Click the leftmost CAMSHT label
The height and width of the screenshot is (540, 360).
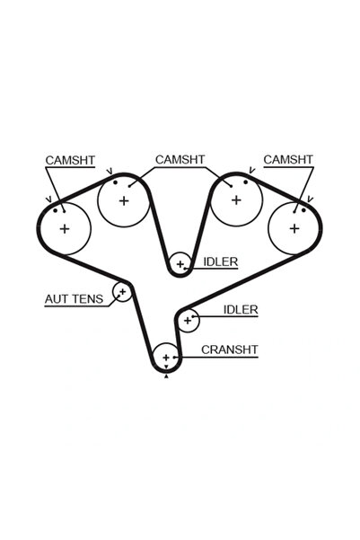tap(70, 161)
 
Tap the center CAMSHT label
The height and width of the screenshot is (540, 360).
tap(180, 160)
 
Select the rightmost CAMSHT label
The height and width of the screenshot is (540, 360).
tap(288, 160)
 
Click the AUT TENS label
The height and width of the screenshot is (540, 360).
tap(74, 299)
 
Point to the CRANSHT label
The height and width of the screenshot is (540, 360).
tap(230, 350)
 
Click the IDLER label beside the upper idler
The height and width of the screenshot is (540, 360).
tap(221, 262)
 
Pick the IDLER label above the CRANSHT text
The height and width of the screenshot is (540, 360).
tap(241, 310)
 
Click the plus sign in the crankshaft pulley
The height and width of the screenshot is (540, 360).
tap(166, 358)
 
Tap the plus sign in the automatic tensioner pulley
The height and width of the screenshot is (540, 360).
tap(122, 292)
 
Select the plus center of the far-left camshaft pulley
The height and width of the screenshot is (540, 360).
tap(65, 229)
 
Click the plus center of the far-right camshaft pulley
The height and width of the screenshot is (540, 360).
tap(294, 228)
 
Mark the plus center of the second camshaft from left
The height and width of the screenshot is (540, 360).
tap(124, 200)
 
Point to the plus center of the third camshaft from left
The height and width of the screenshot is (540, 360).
tap(236, 200)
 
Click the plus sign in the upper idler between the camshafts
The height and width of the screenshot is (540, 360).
tap(180, 264)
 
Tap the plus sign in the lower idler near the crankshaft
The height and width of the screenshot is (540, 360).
tap(188, 321)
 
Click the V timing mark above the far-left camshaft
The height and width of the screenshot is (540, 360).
tap(48, 199)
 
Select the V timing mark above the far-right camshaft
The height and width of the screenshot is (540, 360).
tap(310, 199)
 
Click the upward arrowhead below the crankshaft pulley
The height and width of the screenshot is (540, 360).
tap(167, 376)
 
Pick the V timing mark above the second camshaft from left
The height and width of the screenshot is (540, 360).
tap(110, 171)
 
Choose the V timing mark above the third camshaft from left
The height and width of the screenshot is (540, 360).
tap(252, 170)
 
